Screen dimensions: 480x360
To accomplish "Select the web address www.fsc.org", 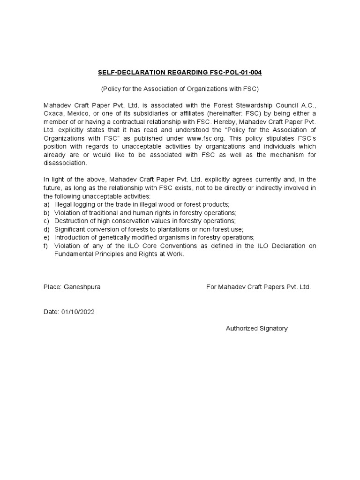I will (x=206, y=138).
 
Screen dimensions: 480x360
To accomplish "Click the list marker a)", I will (x=46, y=205).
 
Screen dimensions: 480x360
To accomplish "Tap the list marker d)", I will (x=46, y=229).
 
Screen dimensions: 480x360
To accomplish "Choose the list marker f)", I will (x=46, y=246).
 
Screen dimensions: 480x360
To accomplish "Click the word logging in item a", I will (x=85, y=205).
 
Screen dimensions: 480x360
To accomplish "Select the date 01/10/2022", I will (x=77, y=312).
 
